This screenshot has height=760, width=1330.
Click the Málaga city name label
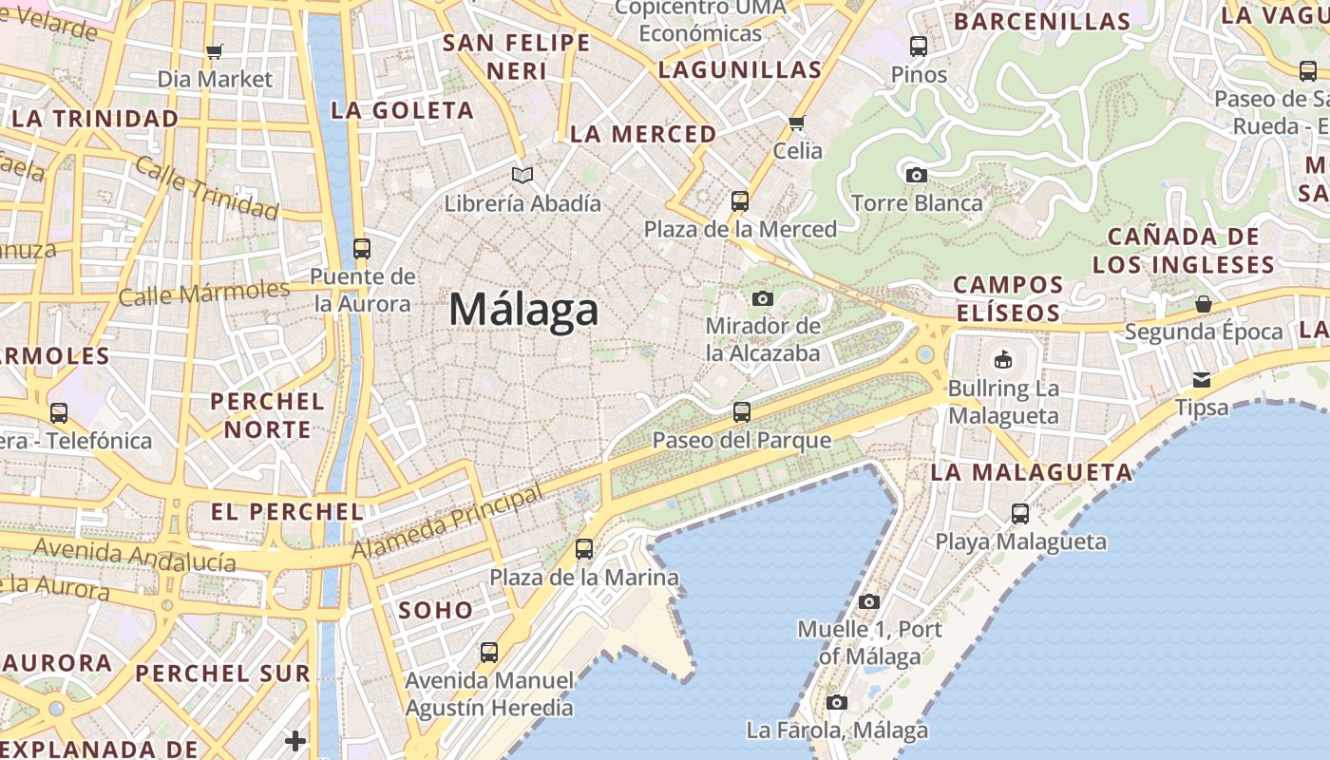click(523, 310)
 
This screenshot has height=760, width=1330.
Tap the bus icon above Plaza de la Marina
click(584, 549)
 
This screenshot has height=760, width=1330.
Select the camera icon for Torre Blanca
click(917, 175)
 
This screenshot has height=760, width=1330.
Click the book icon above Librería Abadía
click(522, 175)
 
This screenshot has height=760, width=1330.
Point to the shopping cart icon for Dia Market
click(215, 51)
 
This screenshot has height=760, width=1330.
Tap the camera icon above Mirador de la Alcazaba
click(762, 298)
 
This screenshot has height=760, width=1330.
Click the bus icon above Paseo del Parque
click(742, 412)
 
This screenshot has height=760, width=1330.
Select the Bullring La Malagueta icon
click(1003, 359)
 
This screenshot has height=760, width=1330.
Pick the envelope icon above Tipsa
click(1202, 380)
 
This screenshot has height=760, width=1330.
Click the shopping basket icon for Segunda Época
click(1204, 304)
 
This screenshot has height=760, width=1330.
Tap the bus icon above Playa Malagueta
click(1020, 514)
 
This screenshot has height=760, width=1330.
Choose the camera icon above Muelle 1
click(869, 601)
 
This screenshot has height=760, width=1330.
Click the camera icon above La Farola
click(837, 703)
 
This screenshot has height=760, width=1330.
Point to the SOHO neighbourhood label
click(436, 610)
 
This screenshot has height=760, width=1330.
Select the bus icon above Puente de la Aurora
click(362, 249)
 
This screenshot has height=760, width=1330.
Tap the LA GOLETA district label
click(402, 110)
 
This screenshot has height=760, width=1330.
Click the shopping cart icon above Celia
click(797, 123)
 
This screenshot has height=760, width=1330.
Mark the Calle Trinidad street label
click(205, 187)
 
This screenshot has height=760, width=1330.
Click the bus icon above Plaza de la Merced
click(740, 201)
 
